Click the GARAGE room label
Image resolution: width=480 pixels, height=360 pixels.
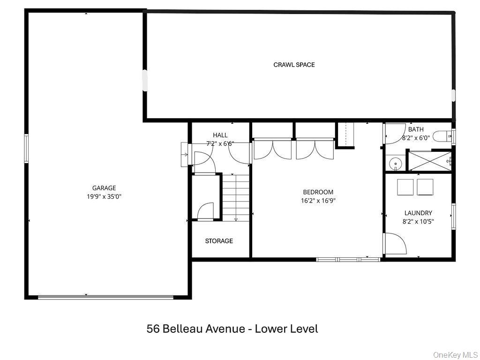point(104,188)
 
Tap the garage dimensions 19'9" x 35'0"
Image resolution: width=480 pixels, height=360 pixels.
point(104,196)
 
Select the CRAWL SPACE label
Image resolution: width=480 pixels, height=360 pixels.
point(294,65)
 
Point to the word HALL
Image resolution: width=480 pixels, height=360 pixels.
point(220,135)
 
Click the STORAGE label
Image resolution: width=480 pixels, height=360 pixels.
point(219,241)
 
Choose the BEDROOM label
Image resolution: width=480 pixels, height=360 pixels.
point(318,192)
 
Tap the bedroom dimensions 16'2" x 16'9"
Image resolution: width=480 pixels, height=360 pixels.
point(318,200)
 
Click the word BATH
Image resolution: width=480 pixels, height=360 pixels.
point(415,129)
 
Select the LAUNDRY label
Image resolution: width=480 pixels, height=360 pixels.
point(418,213)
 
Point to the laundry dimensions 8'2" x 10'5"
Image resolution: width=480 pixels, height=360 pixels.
point(418,221)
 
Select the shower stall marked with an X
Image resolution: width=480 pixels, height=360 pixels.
point(430,161)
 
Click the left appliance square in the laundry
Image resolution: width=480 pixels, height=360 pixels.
point(405,187)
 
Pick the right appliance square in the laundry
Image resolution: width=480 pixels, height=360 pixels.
point(425,187)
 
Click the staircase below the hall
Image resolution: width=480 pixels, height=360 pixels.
point(235,197)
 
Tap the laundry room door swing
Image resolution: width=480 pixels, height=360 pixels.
point(394,244)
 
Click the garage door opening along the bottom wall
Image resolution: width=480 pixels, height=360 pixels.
point(105,296)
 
